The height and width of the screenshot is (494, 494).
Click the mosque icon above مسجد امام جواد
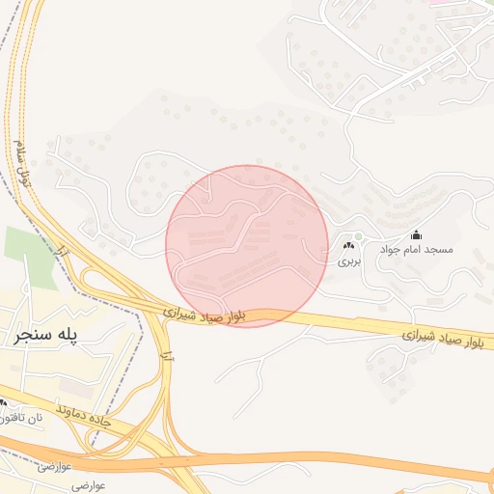[x=416, y=234]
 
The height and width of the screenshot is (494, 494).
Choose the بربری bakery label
[x=347, y=261]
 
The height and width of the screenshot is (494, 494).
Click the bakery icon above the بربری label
[x=347, y=247]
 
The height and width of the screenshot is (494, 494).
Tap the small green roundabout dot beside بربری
[x=358, y=237]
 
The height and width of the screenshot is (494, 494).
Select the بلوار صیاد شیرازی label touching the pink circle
[x=206, y=316]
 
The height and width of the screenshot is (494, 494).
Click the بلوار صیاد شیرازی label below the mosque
[x=446, y=338]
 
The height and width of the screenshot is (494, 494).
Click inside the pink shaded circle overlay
[x=247, y=246]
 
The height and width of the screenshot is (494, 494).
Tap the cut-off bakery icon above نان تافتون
[x=3, y=403]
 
